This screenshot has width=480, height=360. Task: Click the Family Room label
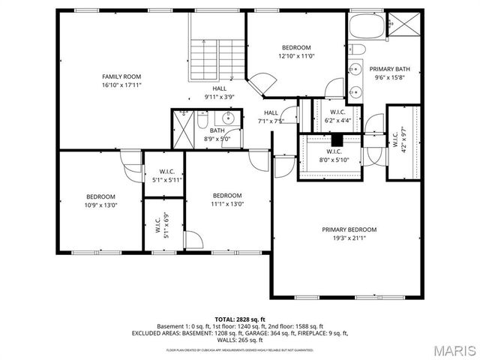point(121,76)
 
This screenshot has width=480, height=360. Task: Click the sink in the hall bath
point(227,118)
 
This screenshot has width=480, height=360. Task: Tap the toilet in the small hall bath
point(203,118)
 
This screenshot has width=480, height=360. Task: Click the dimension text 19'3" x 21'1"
point(349,238)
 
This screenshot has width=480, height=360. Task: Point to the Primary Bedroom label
point(349,229)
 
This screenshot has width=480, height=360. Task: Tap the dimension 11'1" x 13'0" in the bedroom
point(226,204)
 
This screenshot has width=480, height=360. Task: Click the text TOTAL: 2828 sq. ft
point(240,319)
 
